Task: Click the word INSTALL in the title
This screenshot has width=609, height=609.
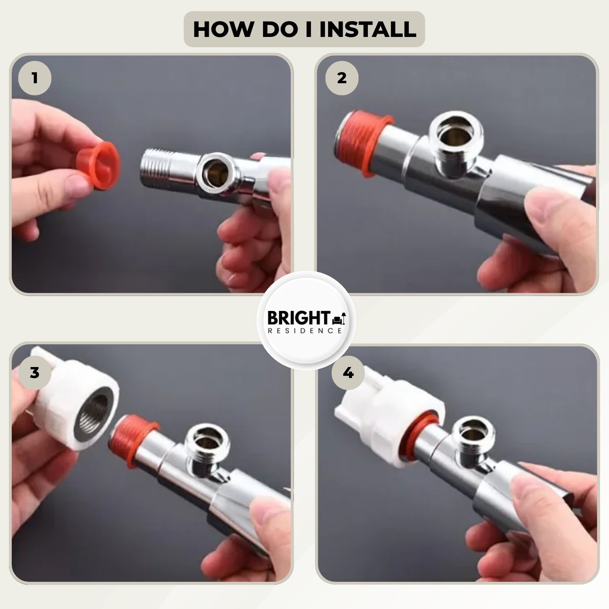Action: pyautogui.click(x=368, y=29)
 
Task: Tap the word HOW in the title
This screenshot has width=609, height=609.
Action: pyautogui.click(x=223, y=29)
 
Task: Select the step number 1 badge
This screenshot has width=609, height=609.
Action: pyautogui.click(x=35, y=78)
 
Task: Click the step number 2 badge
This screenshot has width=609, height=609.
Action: pyautogui.click(x=342, y=78)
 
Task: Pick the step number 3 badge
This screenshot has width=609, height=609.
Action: pyautogui.click(x=35, y=373)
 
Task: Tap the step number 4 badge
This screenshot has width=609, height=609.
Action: pyautogui.click(x=348, y=373)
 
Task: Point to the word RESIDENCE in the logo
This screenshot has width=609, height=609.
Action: pyautogui.click(x=305, y=331)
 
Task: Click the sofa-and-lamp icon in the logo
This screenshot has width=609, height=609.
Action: pyautogui.click(x=339, y=319)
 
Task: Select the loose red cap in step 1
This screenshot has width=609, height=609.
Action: pyautogui.click(x=99, y=165)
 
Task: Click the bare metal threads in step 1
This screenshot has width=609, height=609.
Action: pyautogui.click(x=156, y=167)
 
